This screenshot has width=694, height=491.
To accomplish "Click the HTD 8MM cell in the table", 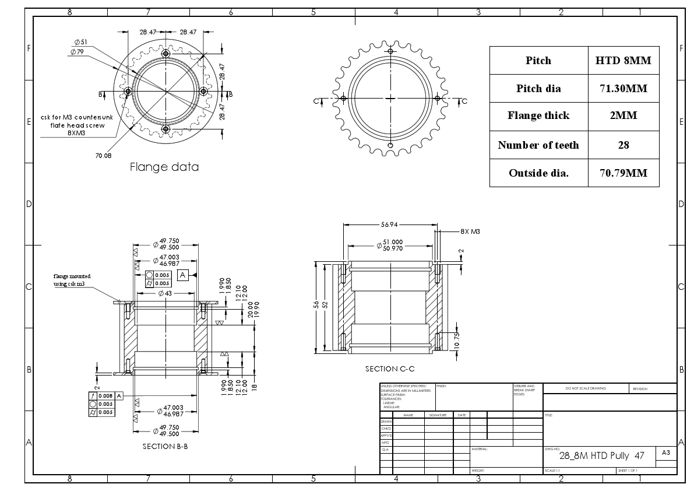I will [623, 61].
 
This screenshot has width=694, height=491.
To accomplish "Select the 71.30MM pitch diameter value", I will [623, 89].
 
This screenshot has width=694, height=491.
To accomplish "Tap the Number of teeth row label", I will [538, 145].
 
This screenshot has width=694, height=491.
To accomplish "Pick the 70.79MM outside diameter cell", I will [623, 173].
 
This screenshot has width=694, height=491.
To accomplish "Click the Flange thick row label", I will [538, 115].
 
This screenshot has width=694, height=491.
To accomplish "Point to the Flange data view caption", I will [164, 167].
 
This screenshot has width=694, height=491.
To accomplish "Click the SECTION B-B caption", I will [165, 447].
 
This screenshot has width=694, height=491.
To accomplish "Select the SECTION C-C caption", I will [390, 369].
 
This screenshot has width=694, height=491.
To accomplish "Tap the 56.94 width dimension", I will [389, 225].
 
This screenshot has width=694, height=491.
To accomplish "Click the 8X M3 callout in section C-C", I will [470, 232].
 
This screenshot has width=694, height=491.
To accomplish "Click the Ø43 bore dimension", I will [165, 293].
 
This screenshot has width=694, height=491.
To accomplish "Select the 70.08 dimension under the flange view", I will [103, 156].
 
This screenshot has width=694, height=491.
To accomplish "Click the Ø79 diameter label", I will [77, 52].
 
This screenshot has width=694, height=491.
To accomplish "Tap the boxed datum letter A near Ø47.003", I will [182, 274].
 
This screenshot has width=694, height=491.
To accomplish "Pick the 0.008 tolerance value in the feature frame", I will [105, 396].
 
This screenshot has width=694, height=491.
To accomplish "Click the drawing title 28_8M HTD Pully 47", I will [601, 455].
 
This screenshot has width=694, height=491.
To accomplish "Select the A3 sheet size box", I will [666, 453].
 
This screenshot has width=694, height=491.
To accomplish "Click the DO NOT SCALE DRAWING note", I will [586, 388].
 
